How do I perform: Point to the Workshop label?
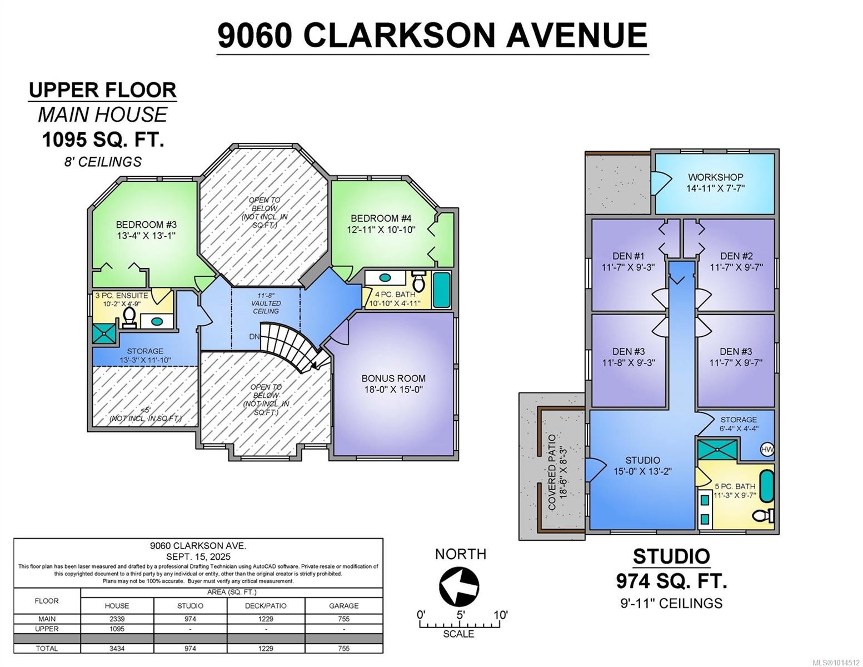tap(715, 177)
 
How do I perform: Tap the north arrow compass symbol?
tap(459, 586)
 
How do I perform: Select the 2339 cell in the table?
tap(117, 619)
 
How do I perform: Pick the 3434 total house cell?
tap(117, 648)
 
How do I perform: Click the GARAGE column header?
tap(343, 605)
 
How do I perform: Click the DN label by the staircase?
tap(254, 337)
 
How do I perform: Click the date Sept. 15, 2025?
tap(198, 556)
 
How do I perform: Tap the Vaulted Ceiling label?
tap(266, 303)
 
